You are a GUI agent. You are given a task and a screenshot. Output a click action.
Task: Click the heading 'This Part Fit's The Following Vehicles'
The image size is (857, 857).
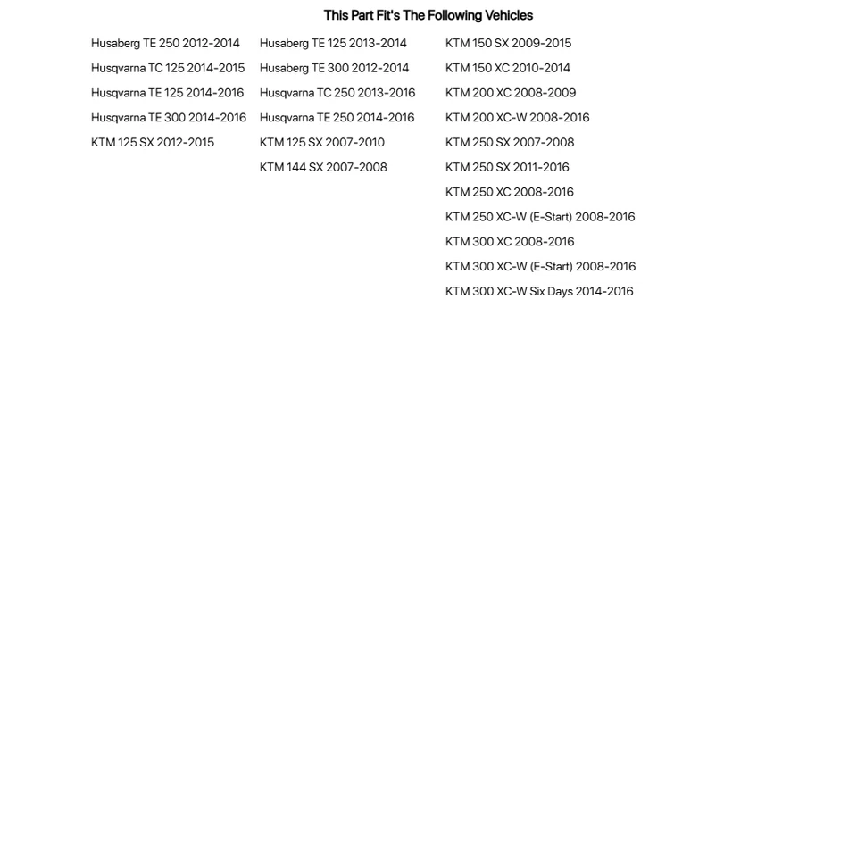428,15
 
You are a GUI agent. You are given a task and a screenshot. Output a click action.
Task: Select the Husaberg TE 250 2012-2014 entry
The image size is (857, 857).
165,43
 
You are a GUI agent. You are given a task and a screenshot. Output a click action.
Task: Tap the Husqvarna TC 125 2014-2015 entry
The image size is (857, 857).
168,68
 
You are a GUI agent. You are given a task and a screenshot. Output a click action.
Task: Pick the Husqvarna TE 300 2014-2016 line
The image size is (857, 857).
169,118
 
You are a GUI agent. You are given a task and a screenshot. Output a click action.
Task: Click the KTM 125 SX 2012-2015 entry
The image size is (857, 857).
153,143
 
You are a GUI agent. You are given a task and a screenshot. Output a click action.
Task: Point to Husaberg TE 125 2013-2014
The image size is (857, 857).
333,43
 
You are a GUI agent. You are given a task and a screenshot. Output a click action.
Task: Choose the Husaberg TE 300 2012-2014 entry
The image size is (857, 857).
334,68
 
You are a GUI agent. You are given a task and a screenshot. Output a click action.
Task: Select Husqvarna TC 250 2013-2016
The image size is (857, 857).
337,93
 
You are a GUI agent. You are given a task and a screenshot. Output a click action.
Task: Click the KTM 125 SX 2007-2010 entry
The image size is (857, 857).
322,143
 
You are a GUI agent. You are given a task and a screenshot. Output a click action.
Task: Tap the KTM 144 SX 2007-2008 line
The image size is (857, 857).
323,168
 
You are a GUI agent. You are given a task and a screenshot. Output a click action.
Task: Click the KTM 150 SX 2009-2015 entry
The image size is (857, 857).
508,43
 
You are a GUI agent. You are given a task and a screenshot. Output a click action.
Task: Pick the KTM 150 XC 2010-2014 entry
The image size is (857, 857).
508,68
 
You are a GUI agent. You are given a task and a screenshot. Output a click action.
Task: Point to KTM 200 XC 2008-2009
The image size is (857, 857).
511,93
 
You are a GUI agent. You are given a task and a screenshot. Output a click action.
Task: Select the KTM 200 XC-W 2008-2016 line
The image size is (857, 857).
518,118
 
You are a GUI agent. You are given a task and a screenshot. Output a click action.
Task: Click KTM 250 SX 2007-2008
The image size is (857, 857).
510,143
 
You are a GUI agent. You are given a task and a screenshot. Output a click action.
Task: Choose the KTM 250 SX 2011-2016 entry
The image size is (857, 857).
507,168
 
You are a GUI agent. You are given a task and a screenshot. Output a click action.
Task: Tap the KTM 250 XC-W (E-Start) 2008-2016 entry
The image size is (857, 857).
540,217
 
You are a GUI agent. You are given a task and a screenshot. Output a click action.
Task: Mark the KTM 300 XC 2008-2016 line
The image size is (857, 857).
510,242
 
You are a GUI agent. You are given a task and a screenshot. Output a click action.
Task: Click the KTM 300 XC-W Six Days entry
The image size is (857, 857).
539,292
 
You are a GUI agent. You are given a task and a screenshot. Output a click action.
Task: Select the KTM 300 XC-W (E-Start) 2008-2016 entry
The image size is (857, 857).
541,267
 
